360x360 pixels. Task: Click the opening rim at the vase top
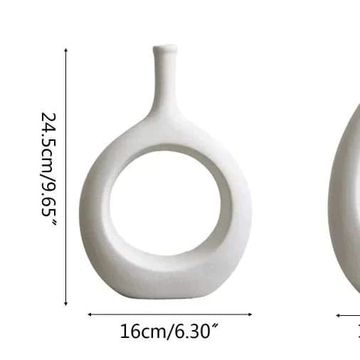(164, 48)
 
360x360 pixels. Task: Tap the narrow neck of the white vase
(164, 82)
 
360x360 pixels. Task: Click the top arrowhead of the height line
(66, 51)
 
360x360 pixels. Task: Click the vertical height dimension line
(66, 178)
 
